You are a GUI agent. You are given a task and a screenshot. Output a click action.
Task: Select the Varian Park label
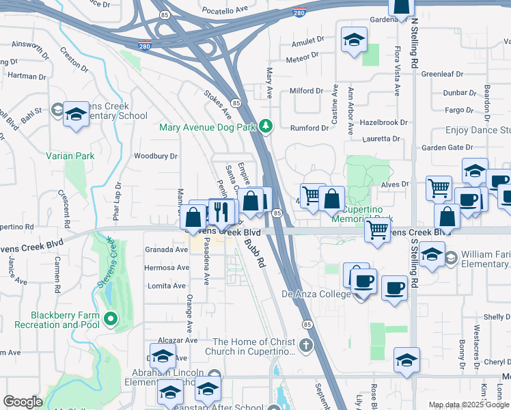click(70, 156)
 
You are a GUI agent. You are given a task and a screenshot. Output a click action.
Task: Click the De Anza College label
click(316, 295)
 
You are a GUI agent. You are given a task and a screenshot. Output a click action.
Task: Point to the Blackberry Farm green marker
click(109, 318)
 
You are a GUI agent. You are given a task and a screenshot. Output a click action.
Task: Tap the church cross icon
click(306, 344)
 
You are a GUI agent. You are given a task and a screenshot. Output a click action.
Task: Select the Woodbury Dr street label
click(156, 156)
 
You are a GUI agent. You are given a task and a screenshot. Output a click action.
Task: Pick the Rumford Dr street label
click(304, 128)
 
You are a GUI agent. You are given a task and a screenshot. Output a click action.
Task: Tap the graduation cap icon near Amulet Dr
click(354, 40)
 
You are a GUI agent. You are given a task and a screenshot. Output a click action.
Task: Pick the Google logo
click(23, 402)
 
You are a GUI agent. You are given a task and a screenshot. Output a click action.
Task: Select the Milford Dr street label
click(306, 91)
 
